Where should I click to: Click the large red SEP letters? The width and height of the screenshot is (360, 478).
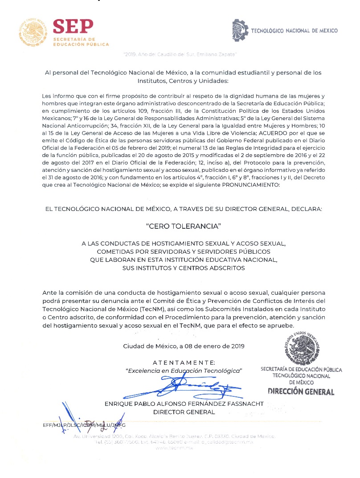click(x=73, y=27)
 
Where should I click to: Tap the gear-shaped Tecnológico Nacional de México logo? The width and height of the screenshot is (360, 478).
click(x=240, y=30)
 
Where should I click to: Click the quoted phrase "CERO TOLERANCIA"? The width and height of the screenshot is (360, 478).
click(x=184, y=227)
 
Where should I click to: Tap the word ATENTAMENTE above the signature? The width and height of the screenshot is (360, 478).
click(x=184, y=363)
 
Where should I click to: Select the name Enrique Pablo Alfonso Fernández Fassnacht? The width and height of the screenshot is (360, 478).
click(x=184, y=404)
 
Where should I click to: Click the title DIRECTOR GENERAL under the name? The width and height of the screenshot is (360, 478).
click(x=184, y=412)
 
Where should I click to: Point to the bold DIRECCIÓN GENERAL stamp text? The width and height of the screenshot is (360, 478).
click(x=301, y=392)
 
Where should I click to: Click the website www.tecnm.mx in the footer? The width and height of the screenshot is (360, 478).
click(x=175, y=447)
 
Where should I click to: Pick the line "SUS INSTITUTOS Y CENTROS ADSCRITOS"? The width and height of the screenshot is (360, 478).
click(x=184, y=268)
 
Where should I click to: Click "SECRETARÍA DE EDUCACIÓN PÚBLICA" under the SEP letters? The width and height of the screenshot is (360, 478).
click(x=80, y=41)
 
